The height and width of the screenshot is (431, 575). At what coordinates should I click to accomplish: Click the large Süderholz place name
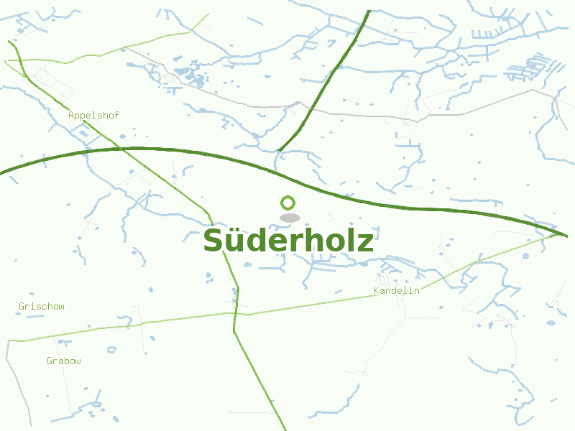click(x=288, y=241)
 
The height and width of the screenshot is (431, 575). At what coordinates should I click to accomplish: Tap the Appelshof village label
click(x=93, y=115)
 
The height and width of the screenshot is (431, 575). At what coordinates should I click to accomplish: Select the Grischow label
click(x=42, y=307)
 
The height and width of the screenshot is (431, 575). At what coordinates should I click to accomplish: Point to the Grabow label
click(x=64, y=361)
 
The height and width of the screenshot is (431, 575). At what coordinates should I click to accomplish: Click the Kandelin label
click(x=397, y=291)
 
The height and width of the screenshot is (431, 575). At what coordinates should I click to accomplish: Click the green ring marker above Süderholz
click(x=288, y=203)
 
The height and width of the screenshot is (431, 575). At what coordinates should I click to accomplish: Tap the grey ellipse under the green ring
click(x=290, y=218)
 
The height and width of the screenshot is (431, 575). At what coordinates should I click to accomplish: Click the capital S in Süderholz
click(x=213, y=241)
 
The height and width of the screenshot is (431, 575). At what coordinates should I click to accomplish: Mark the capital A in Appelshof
click(x=71, y=115)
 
